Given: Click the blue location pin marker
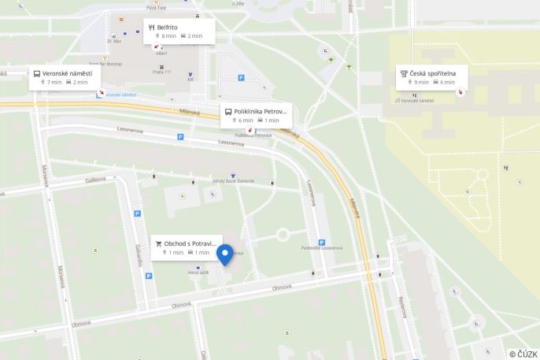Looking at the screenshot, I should coord(225,254).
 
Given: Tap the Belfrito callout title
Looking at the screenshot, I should coord(167,27).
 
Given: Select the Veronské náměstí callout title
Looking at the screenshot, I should coord(67,73).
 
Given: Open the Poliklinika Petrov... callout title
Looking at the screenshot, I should coord(261,111).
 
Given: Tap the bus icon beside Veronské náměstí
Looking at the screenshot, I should coord(36,73).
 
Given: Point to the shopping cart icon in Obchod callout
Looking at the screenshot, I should coord(158,243).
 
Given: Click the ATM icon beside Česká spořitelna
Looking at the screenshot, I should coord(404,73).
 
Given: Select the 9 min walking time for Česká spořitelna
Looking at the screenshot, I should coord(419,82).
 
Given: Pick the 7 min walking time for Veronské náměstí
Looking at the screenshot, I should coord(51,82).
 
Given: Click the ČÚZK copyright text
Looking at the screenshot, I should coord(523,354).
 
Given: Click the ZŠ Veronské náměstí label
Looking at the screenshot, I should coord(416,101).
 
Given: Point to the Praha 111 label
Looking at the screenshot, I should coord(162,72).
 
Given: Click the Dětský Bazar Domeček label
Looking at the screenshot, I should coord(233,181).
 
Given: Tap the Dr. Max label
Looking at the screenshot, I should coord(114,40).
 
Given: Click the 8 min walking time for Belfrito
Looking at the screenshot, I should coord(166,36).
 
